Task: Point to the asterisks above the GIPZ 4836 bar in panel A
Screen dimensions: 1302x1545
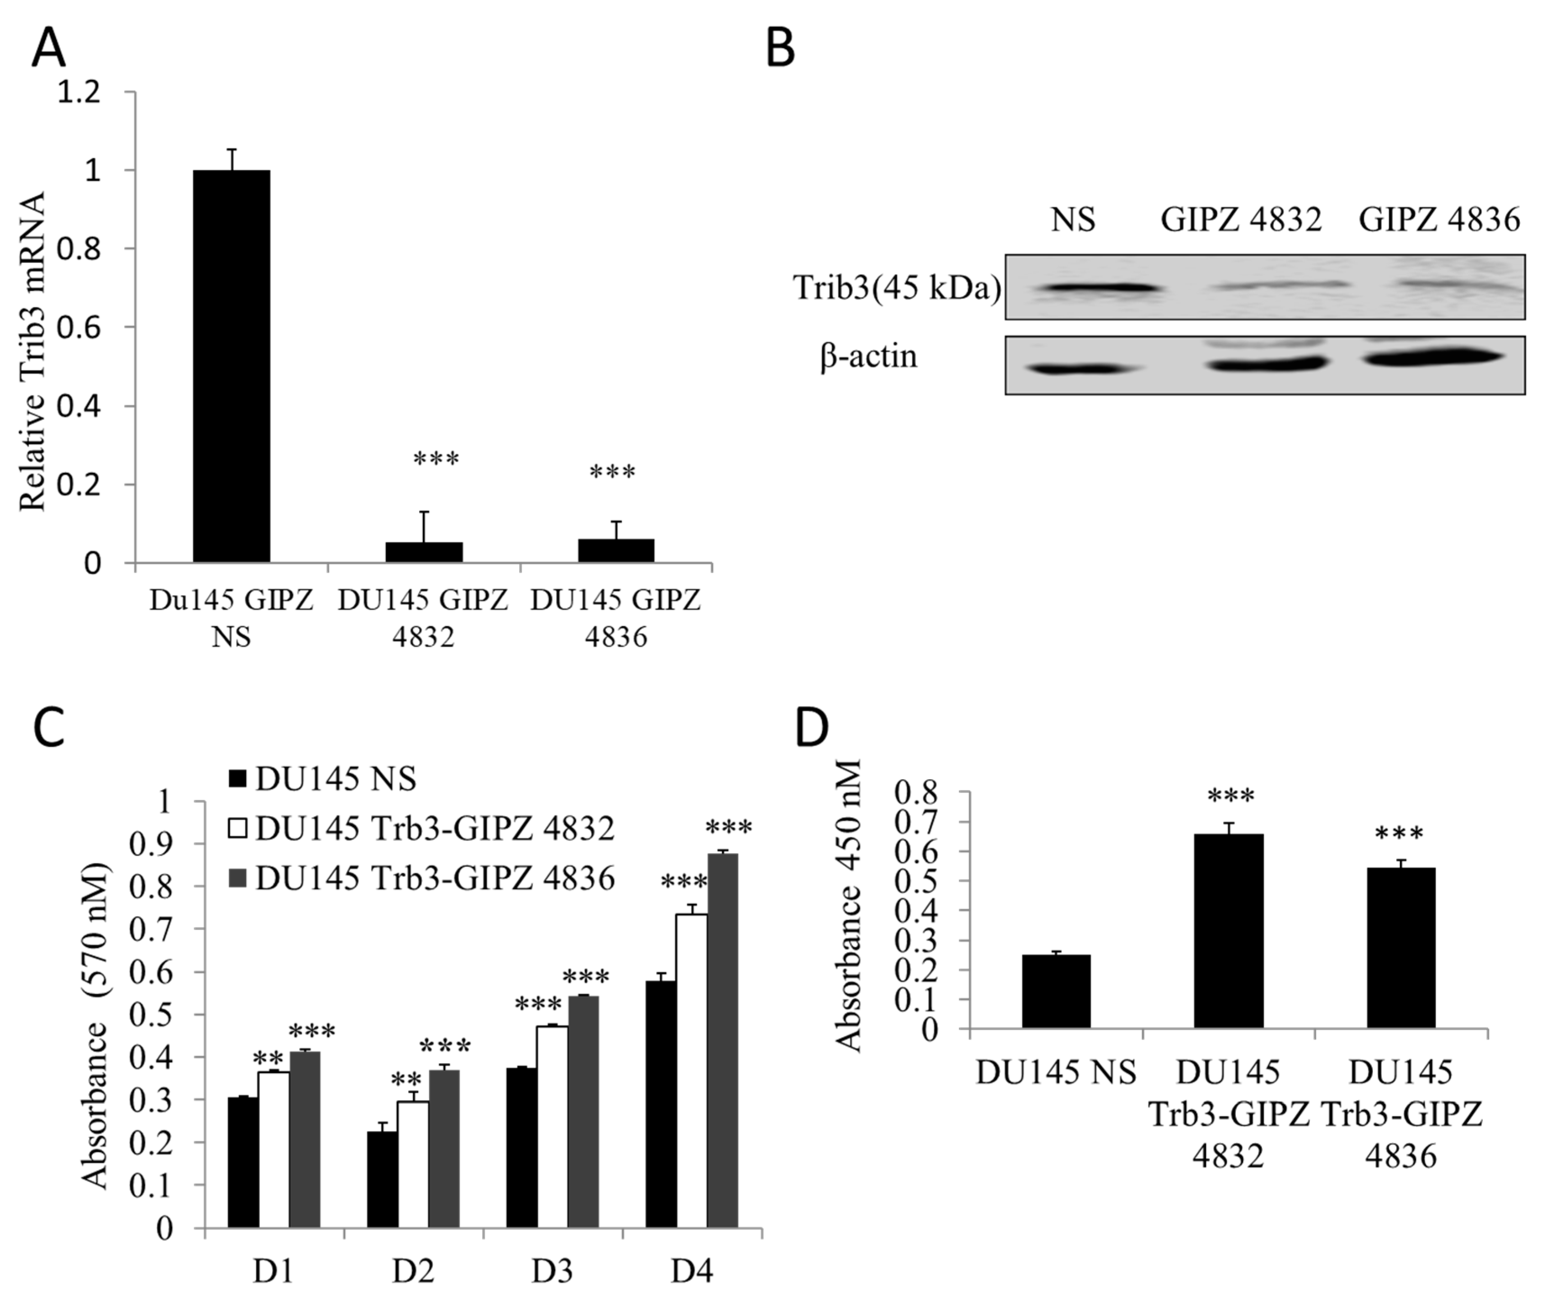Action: (x=612, y=472)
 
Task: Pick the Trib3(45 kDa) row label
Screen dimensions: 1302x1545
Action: (x=897, y=288)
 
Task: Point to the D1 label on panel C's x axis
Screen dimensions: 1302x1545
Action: (x=273, y=1271)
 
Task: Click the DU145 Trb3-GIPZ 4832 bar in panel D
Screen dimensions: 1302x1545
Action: (x=1228, y=931)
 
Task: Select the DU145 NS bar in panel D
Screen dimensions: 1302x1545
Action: (x=1056, y=991)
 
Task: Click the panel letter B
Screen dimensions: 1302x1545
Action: (x=781, y=50)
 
